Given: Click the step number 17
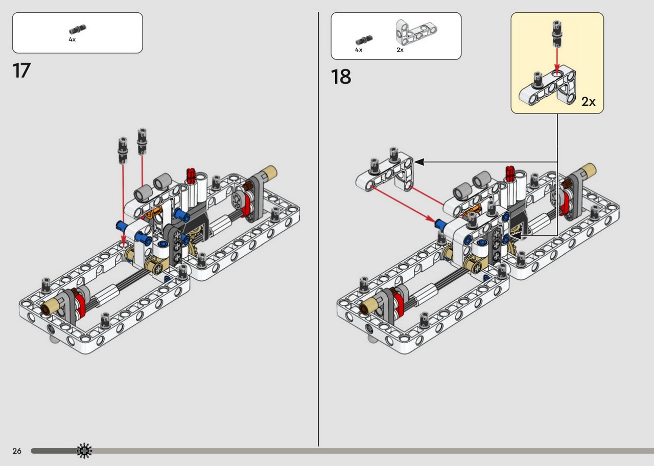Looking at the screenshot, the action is (x=21, y=71).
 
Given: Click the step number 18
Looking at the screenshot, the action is (x=341, y=77).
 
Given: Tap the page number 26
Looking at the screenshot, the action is (x=17, y=451).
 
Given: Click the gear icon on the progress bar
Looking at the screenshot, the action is (x=84, y=451).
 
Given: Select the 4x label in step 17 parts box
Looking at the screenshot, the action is (x=72, y=39).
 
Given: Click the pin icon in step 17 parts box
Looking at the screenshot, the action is (x=78, y=29).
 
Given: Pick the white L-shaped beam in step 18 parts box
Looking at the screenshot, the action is (x=416, y=32).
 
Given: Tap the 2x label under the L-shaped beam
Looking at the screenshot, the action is (x=400, y=50).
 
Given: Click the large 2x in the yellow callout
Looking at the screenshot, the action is (x=588, y=102).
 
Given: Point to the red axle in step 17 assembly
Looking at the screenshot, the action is (x=191, y=175).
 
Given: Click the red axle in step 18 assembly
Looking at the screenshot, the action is (x=510, y=173).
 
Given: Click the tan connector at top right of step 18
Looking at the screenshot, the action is (x=588, y=170).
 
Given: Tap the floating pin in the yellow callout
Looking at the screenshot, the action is (x=557, y=34).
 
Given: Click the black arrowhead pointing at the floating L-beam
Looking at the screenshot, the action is (x=419, y=162).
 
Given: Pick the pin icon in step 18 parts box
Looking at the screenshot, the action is (x=364, y=40).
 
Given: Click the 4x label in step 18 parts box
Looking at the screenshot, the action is (x=359, y=50).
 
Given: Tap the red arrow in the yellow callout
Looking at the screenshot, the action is (x=557, y=61).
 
